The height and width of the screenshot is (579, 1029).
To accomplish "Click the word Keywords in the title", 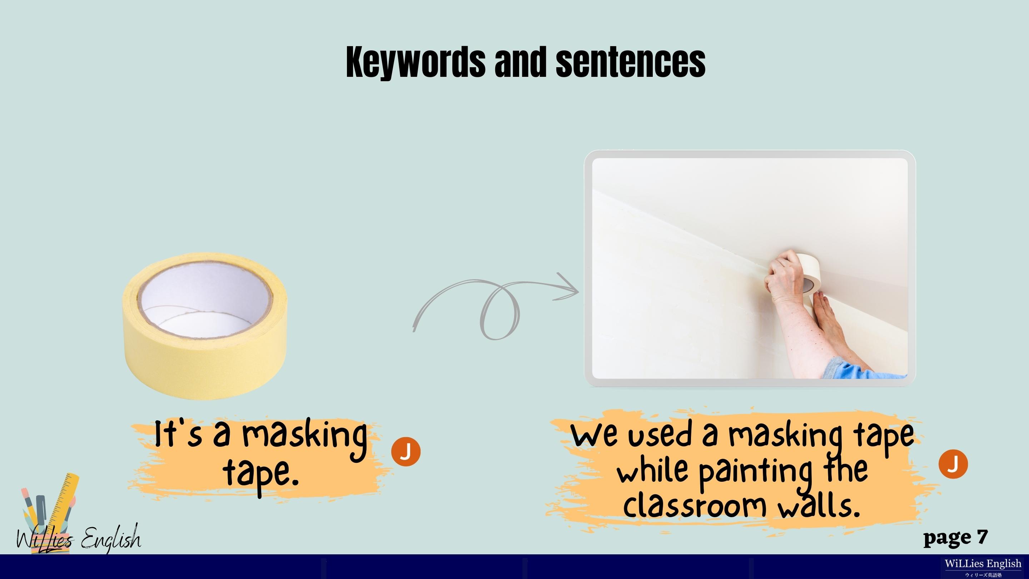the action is (x=415, y=62).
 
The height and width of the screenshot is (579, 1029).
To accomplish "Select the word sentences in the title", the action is (x=631, y=62).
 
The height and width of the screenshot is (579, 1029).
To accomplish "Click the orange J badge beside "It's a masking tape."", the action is (x=406, y=451).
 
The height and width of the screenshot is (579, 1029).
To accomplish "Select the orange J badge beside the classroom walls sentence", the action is (x=953, y=464).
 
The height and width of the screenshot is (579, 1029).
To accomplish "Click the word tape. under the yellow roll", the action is (x=261, y=474).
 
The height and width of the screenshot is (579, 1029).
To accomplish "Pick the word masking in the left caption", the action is (x=304, y=438).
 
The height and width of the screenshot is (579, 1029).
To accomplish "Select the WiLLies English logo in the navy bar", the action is (x=983, y=566).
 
